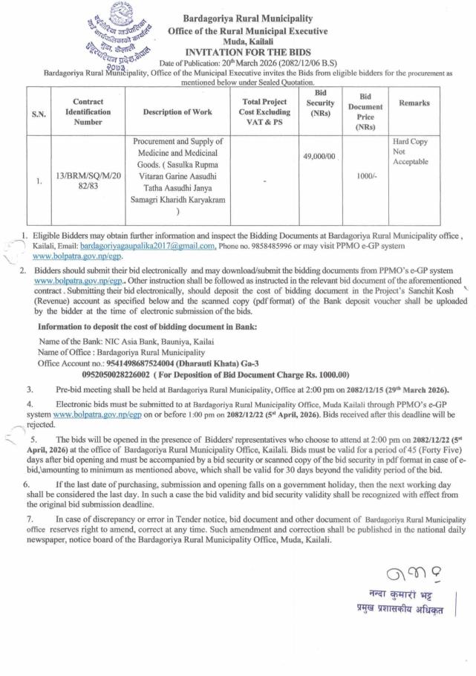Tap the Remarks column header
pos(414,103)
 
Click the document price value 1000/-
pos(365,175)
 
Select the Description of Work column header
pos(177,112)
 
